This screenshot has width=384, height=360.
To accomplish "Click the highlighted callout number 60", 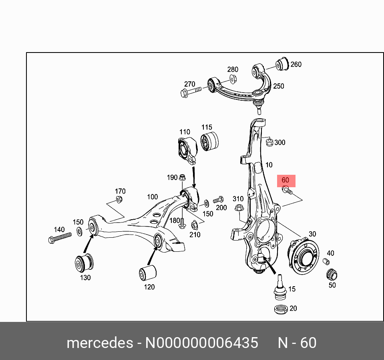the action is click(x=285, y=181).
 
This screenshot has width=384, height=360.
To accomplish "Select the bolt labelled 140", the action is click(x=59, y=237).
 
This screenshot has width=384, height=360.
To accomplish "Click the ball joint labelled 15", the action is click(x=279, y=288).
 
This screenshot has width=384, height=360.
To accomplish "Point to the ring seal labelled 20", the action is click(x=280, y=309).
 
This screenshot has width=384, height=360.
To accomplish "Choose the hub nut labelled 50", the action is click(x=332, y=275).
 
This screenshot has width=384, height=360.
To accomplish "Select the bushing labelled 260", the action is click(x=283, y=64).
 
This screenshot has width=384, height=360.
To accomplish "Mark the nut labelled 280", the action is click(x=233, y=79).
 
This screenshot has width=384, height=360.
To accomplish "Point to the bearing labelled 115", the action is click(x=210, y=141).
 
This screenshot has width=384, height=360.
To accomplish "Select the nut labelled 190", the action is click(x=182, y=177).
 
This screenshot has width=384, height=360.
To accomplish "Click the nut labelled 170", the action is click(x=119, y=199).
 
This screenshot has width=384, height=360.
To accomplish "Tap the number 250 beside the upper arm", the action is click(x=278, y=86).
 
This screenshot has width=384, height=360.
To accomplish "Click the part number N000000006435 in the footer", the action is click(x=201, y=343).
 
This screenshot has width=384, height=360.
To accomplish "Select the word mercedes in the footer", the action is click(x=100, y=343).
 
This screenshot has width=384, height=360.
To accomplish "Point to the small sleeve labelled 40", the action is click(x=326, y=262).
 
